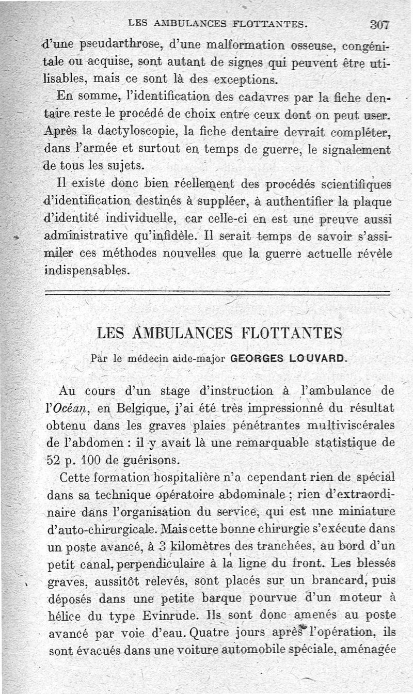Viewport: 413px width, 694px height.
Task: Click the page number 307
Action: [x=379, y=24]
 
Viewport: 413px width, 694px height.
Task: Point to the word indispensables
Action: [x=86, y=271]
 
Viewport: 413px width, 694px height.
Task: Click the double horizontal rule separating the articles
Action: [x=217, y=294]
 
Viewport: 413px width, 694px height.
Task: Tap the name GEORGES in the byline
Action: [x=255, y=357]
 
